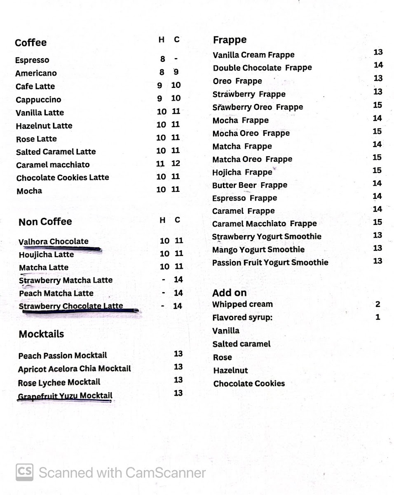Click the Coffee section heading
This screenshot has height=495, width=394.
tap(30, 43)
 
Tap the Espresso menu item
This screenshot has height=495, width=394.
tap(32, 60)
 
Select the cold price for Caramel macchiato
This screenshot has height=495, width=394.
tap(176, 164)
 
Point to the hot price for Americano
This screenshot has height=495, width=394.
tap(162, 72)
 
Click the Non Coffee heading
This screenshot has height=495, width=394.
tap(45, 222)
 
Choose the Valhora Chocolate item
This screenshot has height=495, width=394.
tap(54, 242)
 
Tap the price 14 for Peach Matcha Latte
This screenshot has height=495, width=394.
tap(178, 293)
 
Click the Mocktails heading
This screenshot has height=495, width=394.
tap(41, 334)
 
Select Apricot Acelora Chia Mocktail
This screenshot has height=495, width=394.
tap(74, 369)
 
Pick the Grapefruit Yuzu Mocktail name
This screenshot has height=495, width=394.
tap(65, 396)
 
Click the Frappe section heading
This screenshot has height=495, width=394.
tap(230, 40)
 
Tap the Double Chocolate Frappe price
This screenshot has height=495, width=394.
tap(378, 65)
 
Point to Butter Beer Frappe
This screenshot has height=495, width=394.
tap(249, 185)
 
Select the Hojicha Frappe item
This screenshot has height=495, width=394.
tap(242, 172)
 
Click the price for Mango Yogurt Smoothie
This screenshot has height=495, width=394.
tap(377, 248)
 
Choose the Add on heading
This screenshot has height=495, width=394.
tap(229, 293)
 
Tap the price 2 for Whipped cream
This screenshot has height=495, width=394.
tap(378, 304)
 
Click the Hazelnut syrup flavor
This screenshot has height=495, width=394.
tap(230, 370)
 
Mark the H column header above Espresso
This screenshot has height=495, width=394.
tap(162, 40)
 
